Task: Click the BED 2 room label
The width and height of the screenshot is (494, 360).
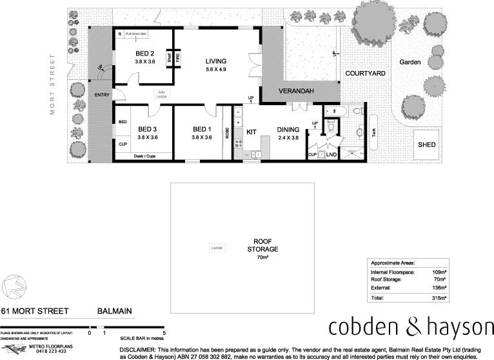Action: (x=144, y=54)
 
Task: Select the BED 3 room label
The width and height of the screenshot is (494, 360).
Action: (x=147, y=129)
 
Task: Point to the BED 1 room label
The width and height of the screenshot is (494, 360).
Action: (x=202, y=129)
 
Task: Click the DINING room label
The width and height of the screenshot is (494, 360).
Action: (x=288, y=129)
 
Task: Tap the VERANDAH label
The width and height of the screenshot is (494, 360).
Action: (x=296, y=92)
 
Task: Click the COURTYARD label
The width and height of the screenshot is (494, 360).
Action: (x=365, y=74)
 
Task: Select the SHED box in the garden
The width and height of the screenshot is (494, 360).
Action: (x=426, y=144)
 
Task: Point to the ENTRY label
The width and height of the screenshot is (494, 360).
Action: (x=102, y=95)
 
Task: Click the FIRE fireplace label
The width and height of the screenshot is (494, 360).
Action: (x=178, y=58)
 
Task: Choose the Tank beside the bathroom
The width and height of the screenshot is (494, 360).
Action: (x=374, y=132)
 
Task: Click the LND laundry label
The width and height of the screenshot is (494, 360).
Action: (x=331, y=155)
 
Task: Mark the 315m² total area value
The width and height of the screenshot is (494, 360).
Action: (x=439, y=299)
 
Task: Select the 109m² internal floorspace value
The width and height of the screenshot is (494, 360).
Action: (x=439, y=272)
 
